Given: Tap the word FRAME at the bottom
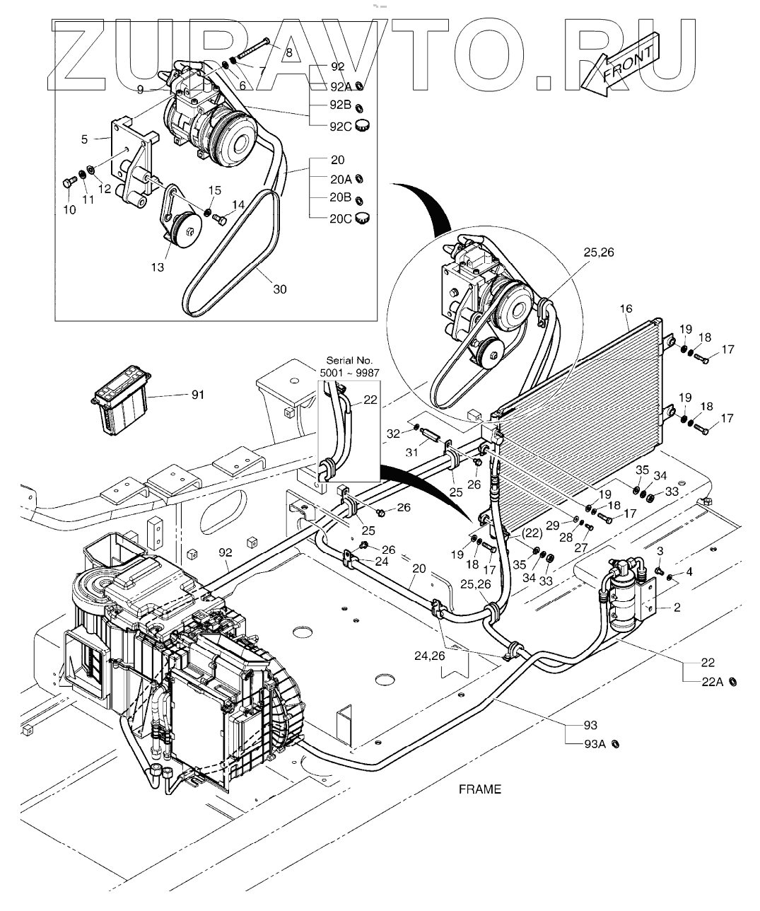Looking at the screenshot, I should [x=479, y=789].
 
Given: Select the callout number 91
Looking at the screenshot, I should [x=197, y=395].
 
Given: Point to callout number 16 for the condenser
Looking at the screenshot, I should [x=626, y=308].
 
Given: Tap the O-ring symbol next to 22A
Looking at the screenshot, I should [x=734, y=681].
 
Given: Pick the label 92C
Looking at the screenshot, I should [x=341, y=127].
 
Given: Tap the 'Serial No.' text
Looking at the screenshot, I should [x=349, y=361].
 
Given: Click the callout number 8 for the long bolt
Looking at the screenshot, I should [x=288, y=52].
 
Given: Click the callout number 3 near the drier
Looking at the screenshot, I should [x=660, y=551].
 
